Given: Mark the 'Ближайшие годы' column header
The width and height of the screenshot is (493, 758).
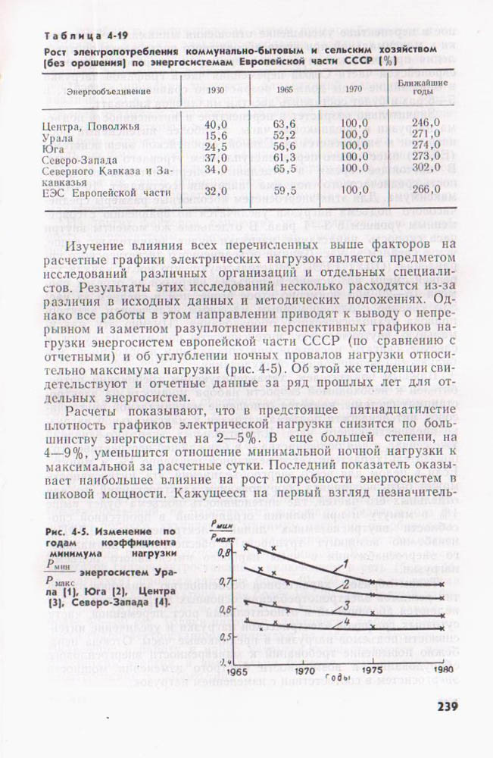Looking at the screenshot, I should coord(426,86).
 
